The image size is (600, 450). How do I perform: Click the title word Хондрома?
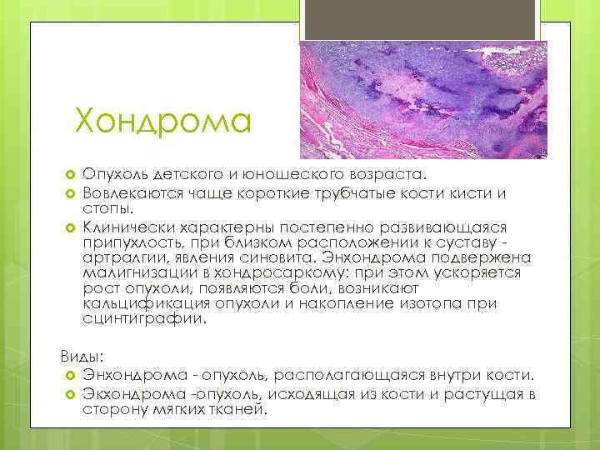(x=162, y=121)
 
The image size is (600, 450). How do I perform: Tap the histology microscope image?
(x=423, y=99)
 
